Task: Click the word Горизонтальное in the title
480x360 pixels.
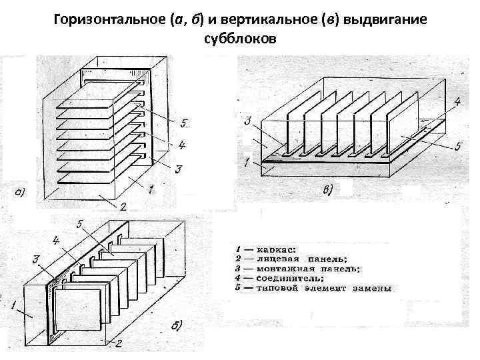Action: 101,21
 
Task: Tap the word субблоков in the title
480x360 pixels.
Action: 240,39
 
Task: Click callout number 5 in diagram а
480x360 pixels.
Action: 184,123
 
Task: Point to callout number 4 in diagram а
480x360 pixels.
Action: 181,144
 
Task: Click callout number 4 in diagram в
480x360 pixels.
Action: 457,102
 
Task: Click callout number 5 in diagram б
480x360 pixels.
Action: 80,225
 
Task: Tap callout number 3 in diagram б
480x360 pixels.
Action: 37,259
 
